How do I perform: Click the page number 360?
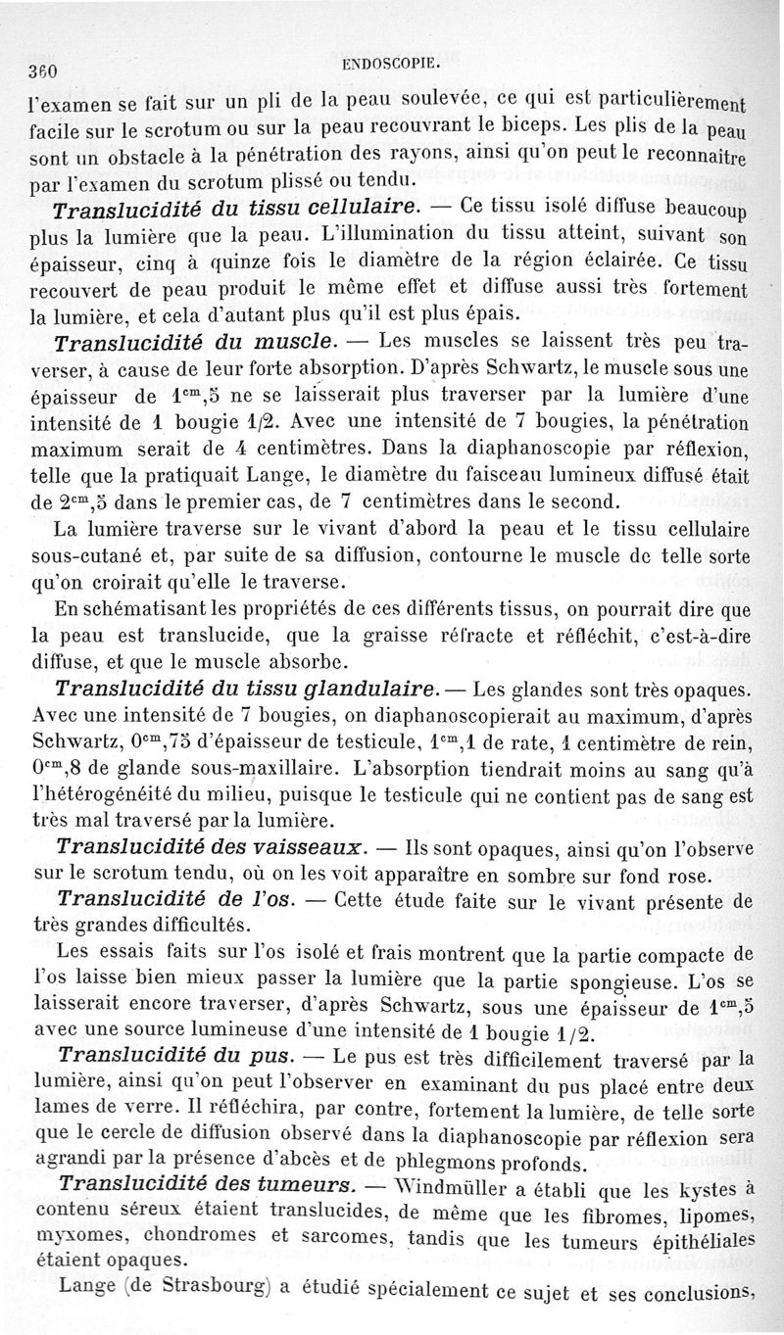click(x=45, y=71)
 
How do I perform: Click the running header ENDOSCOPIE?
click(x=392, y=66)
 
